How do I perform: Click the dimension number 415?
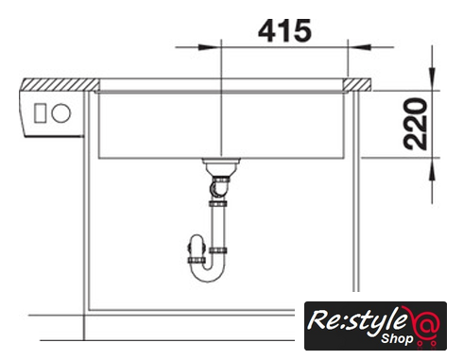pos(284,31)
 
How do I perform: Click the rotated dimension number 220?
pos(416,124)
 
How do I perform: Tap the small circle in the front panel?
pos(60,113)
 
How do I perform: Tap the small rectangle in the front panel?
pos(40,113)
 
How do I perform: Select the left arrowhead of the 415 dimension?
pos(210,47)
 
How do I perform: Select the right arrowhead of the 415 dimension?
pos(359,47)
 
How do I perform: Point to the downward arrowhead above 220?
pos(433,78)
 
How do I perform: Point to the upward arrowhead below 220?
pos(433,169)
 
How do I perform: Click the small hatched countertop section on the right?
pos(357,85)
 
